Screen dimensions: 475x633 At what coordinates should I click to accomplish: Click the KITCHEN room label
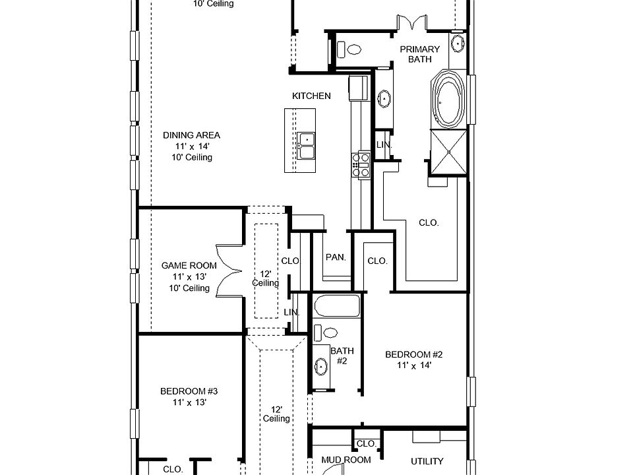[311, 96]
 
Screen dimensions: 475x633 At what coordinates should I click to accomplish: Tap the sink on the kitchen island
[306, 145]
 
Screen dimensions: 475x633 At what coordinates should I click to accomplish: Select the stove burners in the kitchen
[361, 164]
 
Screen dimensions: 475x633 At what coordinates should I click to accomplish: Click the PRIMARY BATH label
[419, 54]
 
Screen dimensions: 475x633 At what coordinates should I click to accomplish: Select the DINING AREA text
[191, 135]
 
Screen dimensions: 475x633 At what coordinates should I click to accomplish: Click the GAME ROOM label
[189, 266]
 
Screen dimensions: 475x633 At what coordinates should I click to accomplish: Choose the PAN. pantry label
[336, 257]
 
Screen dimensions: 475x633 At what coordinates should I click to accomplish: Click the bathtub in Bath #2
[337, 307]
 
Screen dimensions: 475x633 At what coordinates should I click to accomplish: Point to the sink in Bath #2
[321, 365]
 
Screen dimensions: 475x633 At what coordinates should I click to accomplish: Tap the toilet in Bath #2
[327, 333]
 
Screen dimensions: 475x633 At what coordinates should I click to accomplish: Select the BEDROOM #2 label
[413, 355]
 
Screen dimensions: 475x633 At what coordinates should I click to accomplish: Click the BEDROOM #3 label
[189, 391]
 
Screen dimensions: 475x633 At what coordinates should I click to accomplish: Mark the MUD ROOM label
[346, 460]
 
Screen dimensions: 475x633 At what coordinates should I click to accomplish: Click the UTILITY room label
[427, 462]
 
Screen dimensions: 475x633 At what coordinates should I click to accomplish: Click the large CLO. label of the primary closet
[429, 223]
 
